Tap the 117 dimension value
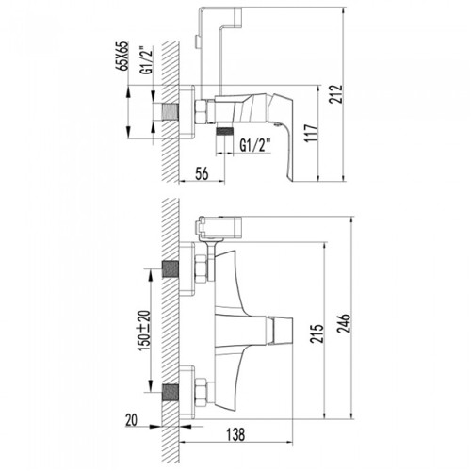[313, 133]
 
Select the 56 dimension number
[202, 173]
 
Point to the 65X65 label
[124, 56]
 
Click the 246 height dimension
[345, 324]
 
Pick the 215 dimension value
[317, 333]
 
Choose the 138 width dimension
[235, 434]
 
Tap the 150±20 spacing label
[145, 331]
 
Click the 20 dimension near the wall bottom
[131, 420]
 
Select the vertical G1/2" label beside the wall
[147, 60]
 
